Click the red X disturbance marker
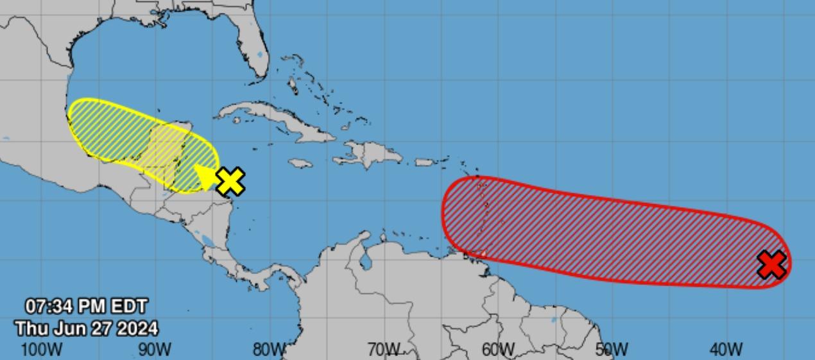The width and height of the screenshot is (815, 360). click(771, 264)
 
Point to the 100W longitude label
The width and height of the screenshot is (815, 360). click(42, 350)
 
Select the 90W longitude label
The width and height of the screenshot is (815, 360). click(155, 350)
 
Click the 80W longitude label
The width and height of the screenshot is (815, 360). click(269, 350)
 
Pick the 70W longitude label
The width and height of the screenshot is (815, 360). click(383, 350)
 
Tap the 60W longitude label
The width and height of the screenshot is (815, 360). click(498, 350)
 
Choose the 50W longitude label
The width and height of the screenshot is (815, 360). click(612, 350)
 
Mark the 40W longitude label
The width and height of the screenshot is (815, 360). click(726, 350)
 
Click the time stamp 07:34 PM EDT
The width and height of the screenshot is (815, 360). click(87, 306)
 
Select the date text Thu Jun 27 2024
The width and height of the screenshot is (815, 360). click(87, 329)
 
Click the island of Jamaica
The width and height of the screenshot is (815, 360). click(300, 163)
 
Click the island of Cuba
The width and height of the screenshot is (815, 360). click(276, 121)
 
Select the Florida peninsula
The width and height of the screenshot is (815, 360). click(247, 39)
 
